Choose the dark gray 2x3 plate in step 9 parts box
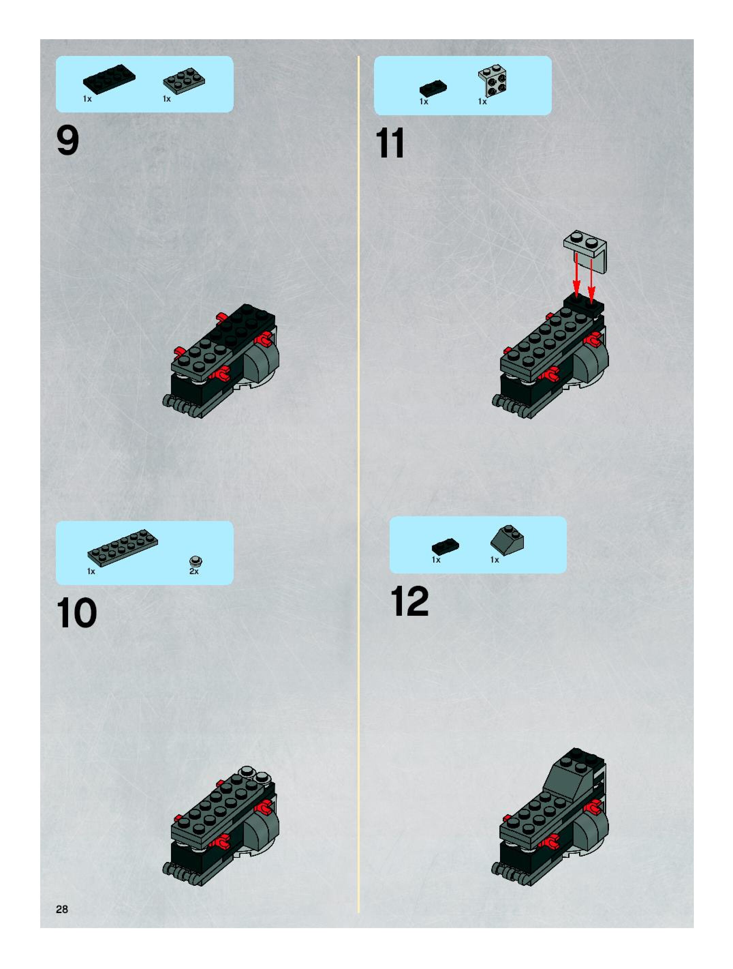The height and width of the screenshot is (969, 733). [184, 80]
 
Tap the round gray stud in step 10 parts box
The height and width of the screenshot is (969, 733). [196, 561]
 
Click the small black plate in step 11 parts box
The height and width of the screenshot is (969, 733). [433, 88]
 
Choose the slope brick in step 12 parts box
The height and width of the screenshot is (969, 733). [507, 540]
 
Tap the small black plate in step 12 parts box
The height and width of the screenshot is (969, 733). [446, 546]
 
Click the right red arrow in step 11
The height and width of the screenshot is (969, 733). [591, 280]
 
